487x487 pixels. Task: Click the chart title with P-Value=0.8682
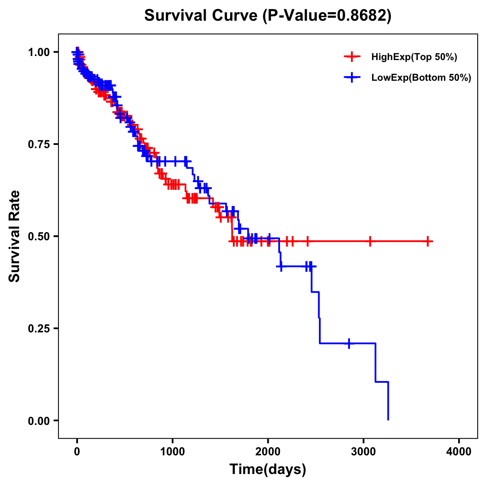pos(268,16)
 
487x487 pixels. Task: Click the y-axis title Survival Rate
pos(15,236)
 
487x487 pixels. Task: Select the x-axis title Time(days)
pos(268,469)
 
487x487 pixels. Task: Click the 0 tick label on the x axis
pos(77,451)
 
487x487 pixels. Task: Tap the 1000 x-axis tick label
pos(172,451)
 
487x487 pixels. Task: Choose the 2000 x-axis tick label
pos(268,451)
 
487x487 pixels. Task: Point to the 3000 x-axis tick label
pos(364,451)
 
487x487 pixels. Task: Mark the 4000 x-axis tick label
pos(459,451)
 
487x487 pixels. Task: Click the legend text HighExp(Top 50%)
pos(414,57)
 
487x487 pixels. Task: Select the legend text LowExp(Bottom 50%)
pos(421,78)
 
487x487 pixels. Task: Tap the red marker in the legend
pos(352,57)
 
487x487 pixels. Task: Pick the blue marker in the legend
pos(352,78)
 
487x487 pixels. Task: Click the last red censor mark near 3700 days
pos(428,241)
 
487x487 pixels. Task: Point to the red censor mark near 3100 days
pos(370,241)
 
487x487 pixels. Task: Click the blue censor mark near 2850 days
pos(349,343)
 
